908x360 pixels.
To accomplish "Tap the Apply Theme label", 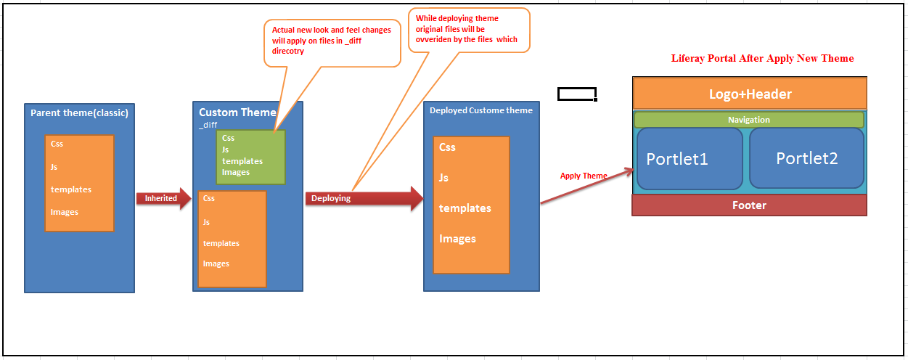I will (584, 176).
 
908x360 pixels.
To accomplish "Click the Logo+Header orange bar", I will (750, 94).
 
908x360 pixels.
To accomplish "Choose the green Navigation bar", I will (749, 120).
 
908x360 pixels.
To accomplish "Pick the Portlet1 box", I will (690, 159).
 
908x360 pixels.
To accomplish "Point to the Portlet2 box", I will (806, 158).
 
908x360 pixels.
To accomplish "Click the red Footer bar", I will (749, 205).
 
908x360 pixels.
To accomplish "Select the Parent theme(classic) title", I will (79, 113).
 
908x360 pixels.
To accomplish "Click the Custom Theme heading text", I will (237, 112).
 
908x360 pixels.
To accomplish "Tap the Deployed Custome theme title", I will (481, 110).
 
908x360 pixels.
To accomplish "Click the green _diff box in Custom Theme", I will (250, 157).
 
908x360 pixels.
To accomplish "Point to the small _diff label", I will (208, 125).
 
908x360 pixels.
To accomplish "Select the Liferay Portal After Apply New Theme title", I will (762, 58).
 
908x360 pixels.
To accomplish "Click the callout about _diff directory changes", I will (332, 43).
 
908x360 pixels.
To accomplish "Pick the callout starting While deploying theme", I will (468, 30).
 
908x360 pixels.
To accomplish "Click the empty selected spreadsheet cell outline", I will (577, 94).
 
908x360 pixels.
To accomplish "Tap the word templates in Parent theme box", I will (71, 189).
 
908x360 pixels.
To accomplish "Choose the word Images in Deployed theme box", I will (457, 239).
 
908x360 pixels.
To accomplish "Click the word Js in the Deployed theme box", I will (444, 177).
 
